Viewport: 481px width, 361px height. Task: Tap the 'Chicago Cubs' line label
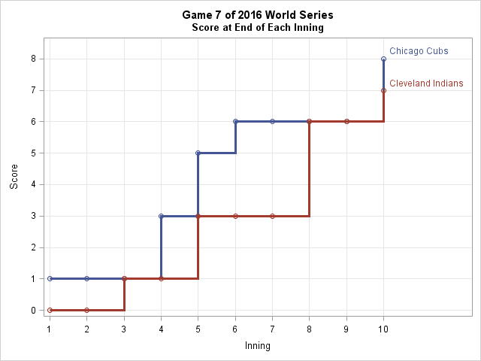[419, 51]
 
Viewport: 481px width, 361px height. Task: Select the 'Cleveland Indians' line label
[426, 83]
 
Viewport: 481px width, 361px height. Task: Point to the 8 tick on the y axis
[34, 59]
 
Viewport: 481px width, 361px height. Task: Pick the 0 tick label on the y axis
[34, 310]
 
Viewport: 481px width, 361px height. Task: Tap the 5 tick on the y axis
[34, 153]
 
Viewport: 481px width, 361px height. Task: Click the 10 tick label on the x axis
[383, 329]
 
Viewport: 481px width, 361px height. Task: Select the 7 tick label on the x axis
[272, 329]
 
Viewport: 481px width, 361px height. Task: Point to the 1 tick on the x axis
[50, 329]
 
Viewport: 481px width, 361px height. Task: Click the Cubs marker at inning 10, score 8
[383, 59]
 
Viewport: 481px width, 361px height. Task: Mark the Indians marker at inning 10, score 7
[383, 90]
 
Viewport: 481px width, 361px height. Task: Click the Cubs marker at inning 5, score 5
[198, 153]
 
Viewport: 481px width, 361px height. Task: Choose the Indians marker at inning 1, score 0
[50, 310]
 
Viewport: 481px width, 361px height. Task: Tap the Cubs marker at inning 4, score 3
[161, 216]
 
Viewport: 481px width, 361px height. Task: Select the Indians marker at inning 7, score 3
[272, 216]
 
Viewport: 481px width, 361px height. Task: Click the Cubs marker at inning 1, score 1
[50, 278]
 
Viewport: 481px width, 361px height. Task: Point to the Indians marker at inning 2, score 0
[86, 310]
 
